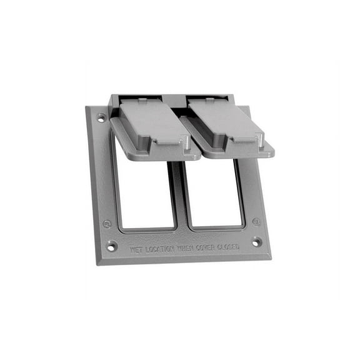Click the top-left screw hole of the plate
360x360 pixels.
[x=101, y=117]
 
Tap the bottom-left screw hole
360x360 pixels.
[x=111, y=246]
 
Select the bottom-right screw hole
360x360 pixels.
[x=256, y=242]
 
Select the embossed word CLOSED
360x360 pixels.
[x=228, y=247]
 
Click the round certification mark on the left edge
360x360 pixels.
[x=107, y=223]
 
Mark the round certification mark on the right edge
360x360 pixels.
[x=256, y=221]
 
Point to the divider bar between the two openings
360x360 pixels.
[x=179, y=194]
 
